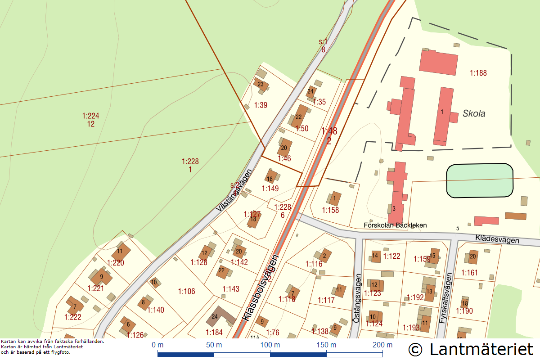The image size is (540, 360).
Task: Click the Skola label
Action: pyautogui.click(x=474, y=114)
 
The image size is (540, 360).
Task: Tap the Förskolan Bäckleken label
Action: pyautogui.click(x=395, y=225)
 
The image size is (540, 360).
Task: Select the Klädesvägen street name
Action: pyautogui.click(x=497, y=238)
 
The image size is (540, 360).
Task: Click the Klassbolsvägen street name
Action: pyautogui.click(x=261, y=288)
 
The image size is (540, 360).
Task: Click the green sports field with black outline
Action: pyautogui.click(x=479, y=180)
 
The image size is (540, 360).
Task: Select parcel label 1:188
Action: pyautogui.click(x=478, y=73)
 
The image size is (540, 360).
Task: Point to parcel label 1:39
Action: pyautogui.click(x=261, y=105)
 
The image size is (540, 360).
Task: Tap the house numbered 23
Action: pyautogui.click(x=261, y=84)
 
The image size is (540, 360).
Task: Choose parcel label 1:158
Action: pyautogui.click(x=330, y=210)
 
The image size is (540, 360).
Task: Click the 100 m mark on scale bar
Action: pyautogui.click(x=270, y=345)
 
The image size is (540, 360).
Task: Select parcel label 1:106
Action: pyautogui.click(x=187, y=292)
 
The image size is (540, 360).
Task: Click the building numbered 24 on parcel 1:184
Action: pyautogui.click(x=216, y=317)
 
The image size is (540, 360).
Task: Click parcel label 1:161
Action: pyautogui.click(x=469, y=273)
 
